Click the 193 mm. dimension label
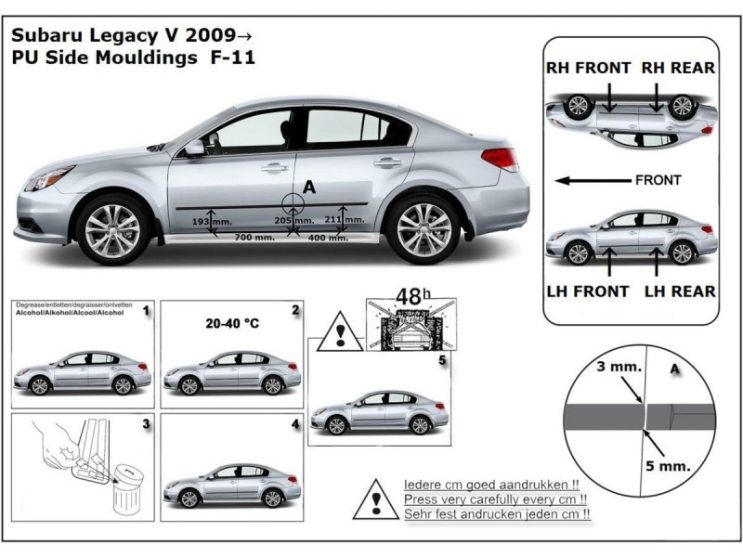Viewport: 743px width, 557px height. pos(212,223)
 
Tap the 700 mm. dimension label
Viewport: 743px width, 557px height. pos(254,239)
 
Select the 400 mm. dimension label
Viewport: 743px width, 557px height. pos(327,239)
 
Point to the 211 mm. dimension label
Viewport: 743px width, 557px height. pos(345,220)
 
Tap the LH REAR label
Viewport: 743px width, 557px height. pos(680,291)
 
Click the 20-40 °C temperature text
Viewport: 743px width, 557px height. pos(230,326)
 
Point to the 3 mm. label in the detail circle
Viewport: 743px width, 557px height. pos(618,367)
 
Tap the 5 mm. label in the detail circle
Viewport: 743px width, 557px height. pos(671,465)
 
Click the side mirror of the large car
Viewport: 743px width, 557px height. pos(194,148)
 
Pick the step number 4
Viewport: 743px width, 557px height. pos(294,424)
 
